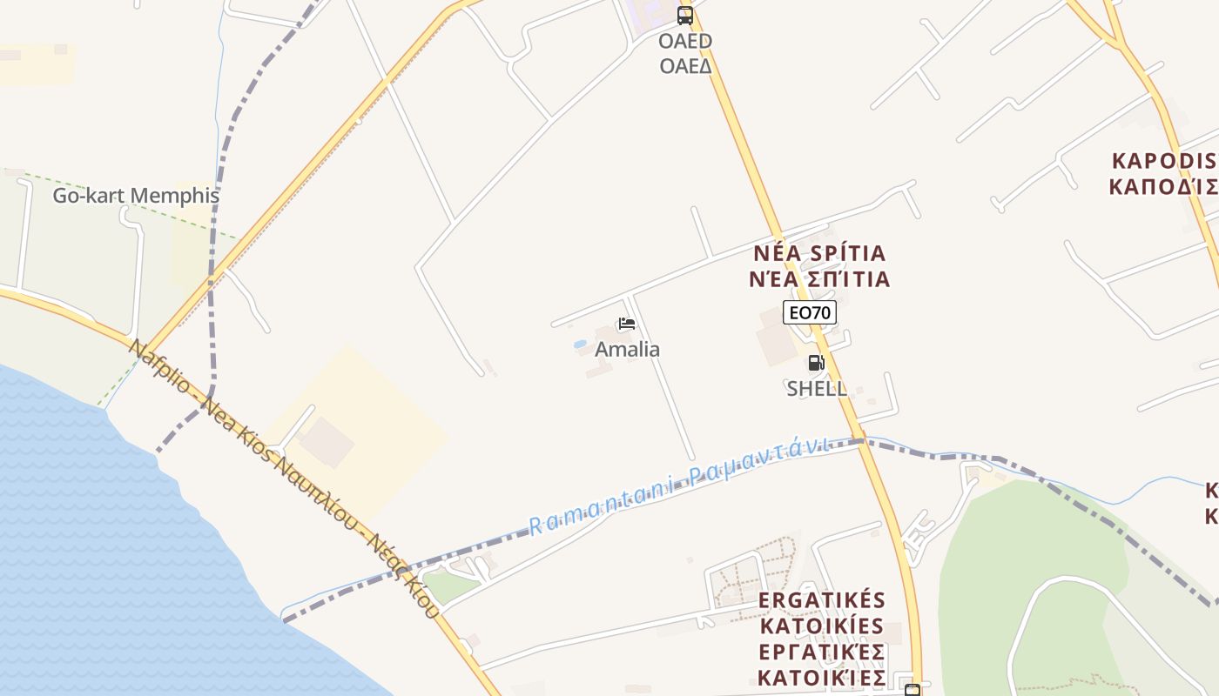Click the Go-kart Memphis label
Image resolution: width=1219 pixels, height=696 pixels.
point(136,196)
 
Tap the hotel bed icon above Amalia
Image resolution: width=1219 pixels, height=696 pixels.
point(626,325)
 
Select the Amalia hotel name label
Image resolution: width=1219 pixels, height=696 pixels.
point(627,350)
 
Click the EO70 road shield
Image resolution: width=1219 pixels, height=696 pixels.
point(810,312)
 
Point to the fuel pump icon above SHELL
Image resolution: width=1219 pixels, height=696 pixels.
point(816,363)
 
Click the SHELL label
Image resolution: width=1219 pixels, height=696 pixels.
point(817,389)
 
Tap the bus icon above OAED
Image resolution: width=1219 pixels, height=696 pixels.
point(685,15)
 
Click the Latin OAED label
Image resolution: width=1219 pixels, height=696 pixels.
point(685,41)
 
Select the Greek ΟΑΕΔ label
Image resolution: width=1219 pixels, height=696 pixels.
point(685,66)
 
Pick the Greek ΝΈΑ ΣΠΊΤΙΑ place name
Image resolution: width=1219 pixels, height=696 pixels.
point(819,279)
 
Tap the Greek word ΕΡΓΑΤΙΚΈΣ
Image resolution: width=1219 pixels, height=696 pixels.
point(823,652)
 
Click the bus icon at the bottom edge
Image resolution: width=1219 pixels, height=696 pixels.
point(912,690)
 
